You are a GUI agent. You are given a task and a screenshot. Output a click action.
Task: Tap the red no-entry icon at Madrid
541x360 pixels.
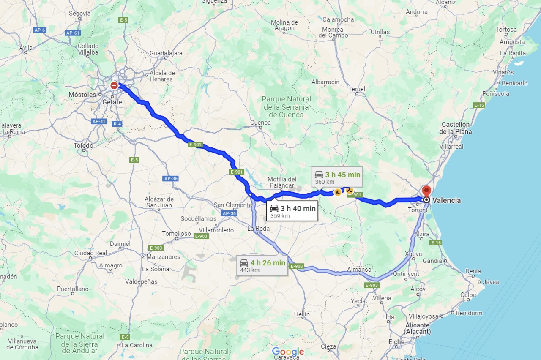click(114, 85)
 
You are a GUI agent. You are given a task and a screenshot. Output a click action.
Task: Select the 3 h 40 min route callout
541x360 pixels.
click(292, 211)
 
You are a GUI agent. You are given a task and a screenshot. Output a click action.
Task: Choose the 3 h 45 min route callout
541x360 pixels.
click(337, 177)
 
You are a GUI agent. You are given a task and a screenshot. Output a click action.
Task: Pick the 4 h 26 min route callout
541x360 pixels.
click(262, 265)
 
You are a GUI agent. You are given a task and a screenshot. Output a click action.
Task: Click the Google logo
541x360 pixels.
click(288, 352)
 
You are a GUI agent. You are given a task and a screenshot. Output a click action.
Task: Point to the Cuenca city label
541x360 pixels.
click(260, 123)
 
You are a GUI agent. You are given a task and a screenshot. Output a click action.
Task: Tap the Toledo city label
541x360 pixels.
click(83, 146)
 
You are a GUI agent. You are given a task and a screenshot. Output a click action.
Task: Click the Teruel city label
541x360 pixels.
click(356, 89)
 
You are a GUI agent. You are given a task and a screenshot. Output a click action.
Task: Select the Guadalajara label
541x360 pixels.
click(166, 53)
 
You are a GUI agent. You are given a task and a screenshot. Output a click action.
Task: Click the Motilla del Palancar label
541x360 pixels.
click(282, 182)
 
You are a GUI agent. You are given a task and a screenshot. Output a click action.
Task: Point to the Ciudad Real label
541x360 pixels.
click(90, 253)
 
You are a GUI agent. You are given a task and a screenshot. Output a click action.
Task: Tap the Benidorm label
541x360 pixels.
click(469, 313)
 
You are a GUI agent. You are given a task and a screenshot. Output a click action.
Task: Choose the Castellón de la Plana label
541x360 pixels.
click(456, 128)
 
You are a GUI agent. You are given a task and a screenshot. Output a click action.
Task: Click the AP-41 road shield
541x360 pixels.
click(98, 122)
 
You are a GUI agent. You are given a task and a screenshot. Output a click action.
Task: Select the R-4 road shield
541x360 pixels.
click(117, 124)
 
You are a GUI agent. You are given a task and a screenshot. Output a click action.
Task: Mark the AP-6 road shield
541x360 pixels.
click(39, 30)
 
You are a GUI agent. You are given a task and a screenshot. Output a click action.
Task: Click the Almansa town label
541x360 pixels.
click(359, 270)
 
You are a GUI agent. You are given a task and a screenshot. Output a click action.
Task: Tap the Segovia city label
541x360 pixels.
click(80, 14)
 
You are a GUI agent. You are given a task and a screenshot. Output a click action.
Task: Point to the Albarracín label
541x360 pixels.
click(325, 82)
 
